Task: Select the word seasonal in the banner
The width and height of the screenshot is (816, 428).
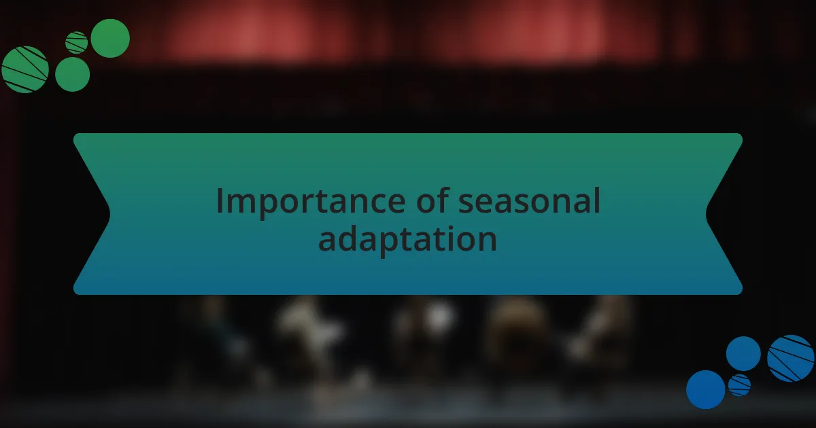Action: [x=529, y=202]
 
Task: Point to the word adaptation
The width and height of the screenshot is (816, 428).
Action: [x=407, y=239]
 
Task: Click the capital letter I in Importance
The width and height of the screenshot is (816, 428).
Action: [x=220, y=201]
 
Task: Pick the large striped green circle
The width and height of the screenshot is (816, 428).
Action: [x=25, y=69]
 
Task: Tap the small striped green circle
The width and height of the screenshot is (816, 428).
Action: [x=76, y=42]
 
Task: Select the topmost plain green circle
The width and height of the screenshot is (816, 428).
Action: [x=110, y=38]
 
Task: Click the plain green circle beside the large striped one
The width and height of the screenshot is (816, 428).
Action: [x=72, y=74]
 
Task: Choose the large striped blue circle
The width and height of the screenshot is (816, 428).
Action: [x=791, y=358]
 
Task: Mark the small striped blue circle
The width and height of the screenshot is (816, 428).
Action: [x=739, y=385]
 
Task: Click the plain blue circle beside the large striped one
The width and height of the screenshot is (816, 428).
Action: [x=743, y=353]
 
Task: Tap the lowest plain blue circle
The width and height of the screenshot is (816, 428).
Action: [x=705, y=389]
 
